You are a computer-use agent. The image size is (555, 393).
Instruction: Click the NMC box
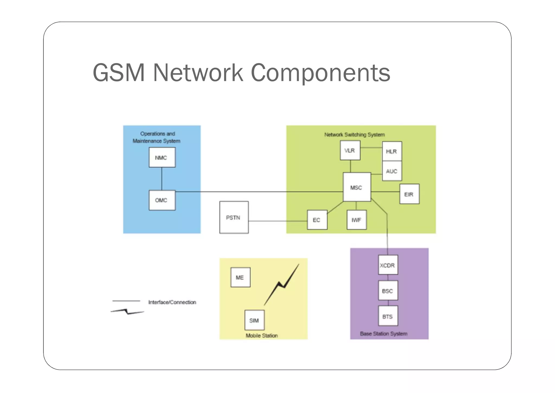162,157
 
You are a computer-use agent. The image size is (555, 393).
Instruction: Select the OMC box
162,200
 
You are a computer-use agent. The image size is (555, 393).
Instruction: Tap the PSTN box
234,217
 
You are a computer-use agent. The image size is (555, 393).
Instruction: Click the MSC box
357,187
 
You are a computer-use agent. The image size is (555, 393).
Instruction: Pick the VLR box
350,151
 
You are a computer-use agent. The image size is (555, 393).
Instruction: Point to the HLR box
392,151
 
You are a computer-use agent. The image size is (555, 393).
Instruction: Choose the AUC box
392,171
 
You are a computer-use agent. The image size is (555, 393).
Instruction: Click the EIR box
409,194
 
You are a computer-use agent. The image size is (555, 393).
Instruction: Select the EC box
317,220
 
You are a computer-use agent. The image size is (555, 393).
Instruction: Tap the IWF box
357,220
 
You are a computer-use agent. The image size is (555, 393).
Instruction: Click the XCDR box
388,265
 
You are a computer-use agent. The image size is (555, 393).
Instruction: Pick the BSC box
388,291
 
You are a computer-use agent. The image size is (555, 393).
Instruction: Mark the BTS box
388,316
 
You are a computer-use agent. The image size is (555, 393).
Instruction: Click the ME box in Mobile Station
240,277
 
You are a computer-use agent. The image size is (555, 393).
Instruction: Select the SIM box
254,320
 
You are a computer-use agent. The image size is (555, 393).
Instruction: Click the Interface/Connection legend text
172,302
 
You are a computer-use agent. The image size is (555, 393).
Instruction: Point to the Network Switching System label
354,135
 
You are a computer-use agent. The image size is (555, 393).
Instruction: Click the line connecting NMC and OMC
162,179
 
